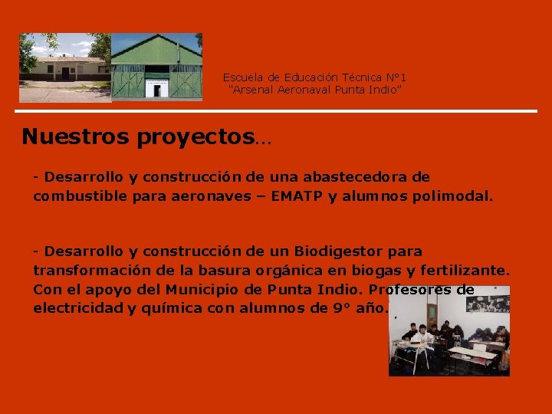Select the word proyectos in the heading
(x=195, y=138)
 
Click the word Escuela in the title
(x=241, y=77)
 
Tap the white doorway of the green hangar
(x=157, y=88)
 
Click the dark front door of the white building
(x=66, y=74)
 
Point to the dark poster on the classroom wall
(x=488, y=300)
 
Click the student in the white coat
(x=422, y=338)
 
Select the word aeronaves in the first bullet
(x=215, y=196)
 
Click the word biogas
(x=372, y=271)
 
